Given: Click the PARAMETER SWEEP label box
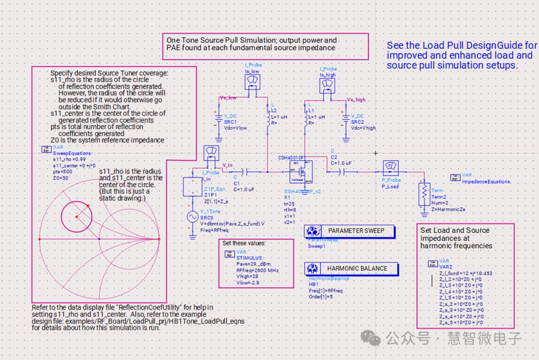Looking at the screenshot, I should click(x=356, y=231).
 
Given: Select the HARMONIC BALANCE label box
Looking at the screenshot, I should click(x=357, y=268).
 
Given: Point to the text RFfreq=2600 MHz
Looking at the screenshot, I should click(x=258, y=270).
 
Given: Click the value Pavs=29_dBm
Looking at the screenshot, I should click(x=253, y=264).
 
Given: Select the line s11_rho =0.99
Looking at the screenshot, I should click(x=69, y=159).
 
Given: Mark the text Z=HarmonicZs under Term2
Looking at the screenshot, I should click(x=448, y=209).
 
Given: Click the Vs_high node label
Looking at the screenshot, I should click(x=356, y=99).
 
